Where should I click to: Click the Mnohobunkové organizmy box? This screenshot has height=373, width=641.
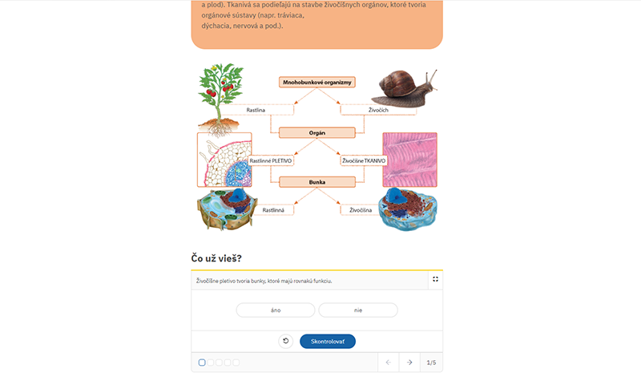point(316,83)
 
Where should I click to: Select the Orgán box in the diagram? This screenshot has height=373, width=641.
point(316,132)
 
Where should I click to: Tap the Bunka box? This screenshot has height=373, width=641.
point(316,182)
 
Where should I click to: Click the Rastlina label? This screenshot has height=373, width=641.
point(256,110)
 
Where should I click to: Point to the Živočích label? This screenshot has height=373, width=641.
point(378,110)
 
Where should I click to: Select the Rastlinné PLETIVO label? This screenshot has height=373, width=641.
point(271,160)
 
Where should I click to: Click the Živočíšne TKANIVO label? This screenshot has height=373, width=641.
point(364,160)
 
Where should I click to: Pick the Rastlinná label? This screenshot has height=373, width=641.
point(273,210)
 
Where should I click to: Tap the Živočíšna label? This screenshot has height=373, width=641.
point(361,210)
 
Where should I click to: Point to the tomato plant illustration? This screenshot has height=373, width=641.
point(220,99)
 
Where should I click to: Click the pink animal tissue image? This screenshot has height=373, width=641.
point(409,160)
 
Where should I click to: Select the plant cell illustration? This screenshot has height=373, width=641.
point(227,209)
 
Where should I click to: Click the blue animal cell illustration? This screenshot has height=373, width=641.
point(408,209)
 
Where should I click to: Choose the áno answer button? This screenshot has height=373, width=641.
point(276,310)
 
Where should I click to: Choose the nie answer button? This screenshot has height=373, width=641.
point(358,310)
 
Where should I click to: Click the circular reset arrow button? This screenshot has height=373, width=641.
point(286,341)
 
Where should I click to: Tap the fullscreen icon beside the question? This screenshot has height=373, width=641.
point(435,279)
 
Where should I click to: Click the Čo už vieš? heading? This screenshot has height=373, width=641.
point(216,258)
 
